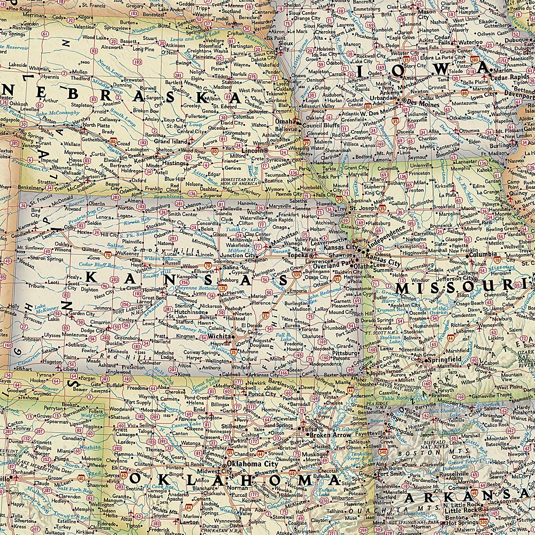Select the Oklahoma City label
click(253, 464)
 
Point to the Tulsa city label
click(308, 429)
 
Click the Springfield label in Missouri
click(443, 360)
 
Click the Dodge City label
click(93, 331)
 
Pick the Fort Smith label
click(391, 473)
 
